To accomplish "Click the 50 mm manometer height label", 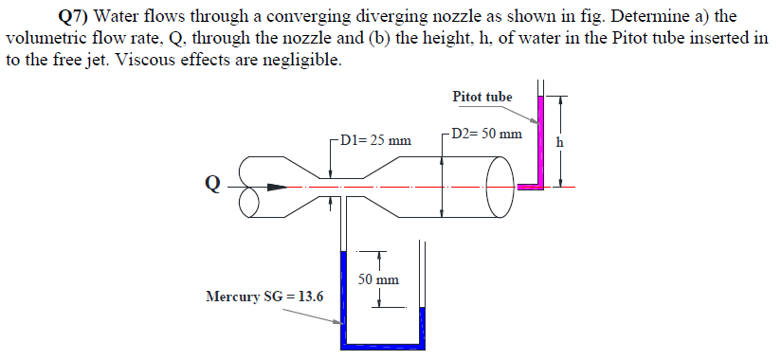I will (x=379, y=279).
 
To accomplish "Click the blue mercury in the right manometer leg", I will (x=423, y=327).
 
